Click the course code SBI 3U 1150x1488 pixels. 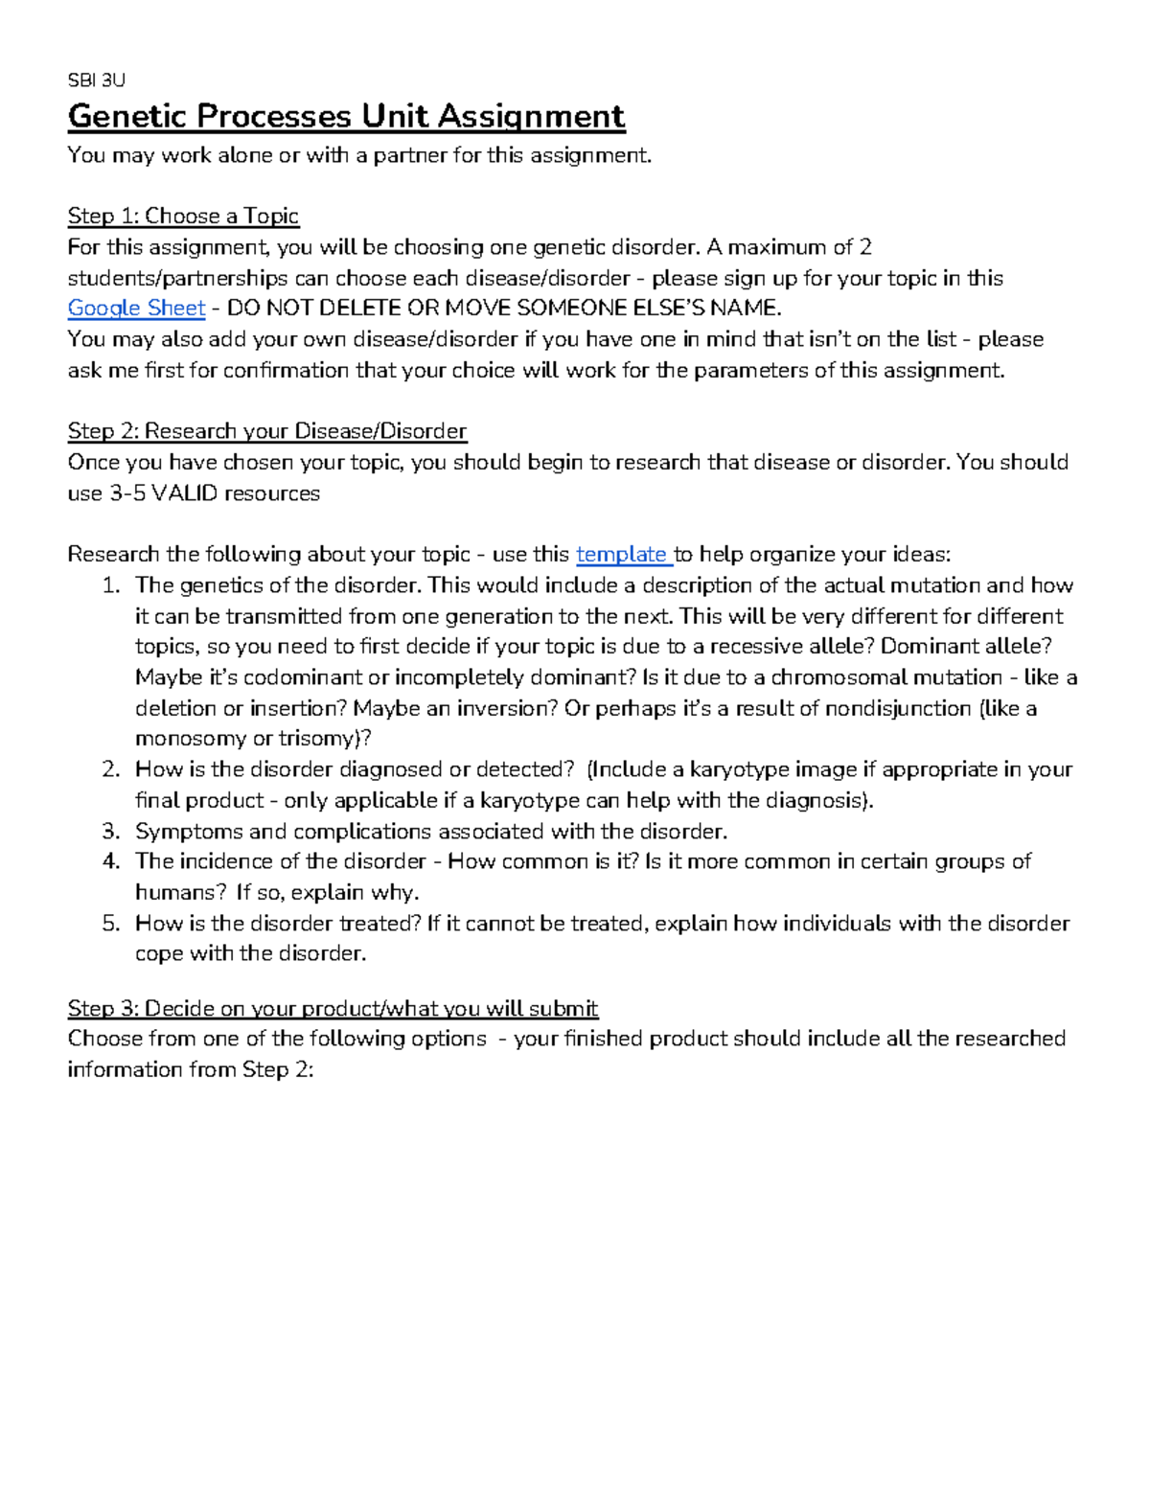tap(96, 80)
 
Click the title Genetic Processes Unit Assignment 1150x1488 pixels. tap(346, 117)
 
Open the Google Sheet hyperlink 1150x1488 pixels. tap(136, 309)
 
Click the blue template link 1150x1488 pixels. tap(621, 555)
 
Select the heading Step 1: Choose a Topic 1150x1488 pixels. tap(183, 217)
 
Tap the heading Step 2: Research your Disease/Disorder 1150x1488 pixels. tap(266, 431)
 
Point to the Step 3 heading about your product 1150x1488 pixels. tap(333, 1008)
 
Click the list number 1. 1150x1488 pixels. tap(111, 585)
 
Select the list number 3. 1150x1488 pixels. tap(111, 832)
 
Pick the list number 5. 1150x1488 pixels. tap(111, 924)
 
